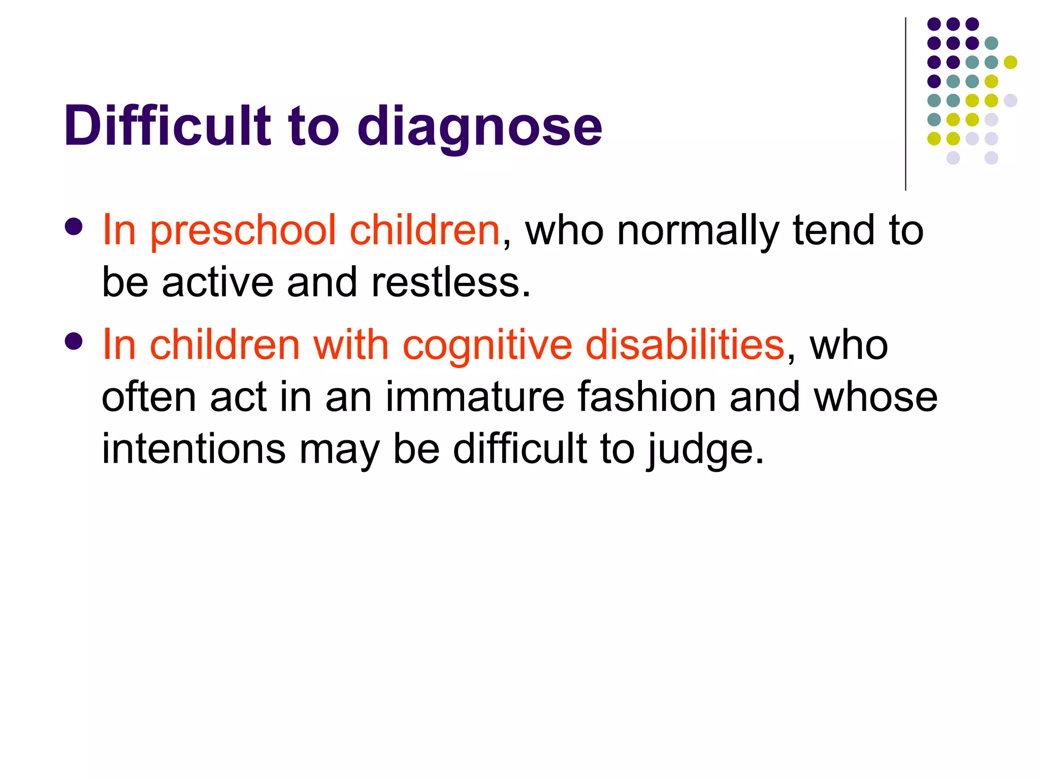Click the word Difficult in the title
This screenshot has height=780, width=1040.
168,125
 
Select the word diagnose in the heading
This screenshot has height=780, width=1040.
479,127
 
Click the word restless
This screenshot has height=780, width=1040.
450,282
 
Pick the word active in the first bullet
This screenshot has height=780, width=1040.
217,282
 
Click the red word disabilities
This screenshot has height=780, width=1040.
685,345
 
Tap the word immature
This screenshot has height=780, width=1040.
475,397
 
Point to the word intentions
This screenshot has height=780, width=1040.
193,449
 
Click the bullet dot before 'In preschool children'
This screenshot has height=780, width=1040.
74,227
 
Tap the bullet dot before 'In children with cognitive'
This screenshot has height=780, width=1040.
74,342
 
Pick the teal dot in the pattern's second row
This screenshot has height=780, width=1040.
991,43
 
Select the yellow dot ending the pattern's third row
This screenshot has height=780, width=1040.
1011,62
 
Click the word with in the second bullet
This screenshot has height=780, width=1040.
351,345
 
